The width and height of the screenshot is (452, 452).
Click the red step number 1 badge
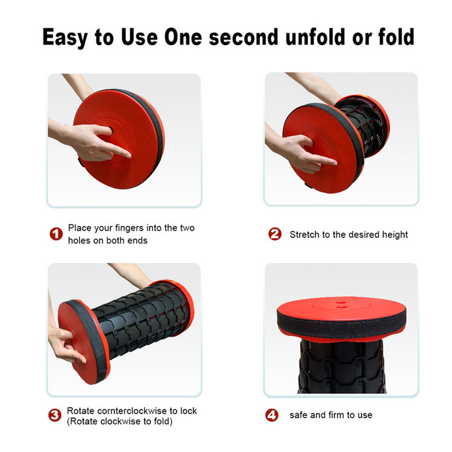pyautogui.click(x=56, y=234)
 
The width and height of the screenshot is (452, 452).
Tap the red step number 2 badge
pyautogui.click(x=275, y=234)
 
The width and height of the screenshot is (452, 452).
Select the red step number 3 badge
pyautogui.click(x=55, y=415)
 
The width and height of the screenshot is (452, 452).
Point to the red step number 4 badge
pyautogui.click(x=272, y=415)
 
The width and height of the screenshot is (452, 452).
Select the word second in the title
pyautogui.click(x=243, y=37)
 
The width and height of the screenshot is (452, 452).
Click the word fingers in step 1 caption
pyautogui.click(x=130, y=228)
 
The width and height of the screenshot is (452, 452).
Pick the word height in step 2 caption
pyautogui.click(x=395, y=235)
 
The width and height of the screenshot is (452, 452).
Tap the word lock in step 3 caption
pyautogui.click(x=189, y=411)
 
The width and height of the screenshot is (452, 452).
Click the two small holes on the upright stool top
pyautogui.click(x=342, y=305)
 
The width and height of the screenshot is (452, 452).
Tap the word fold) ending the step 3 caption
pyautogui.click(x=163, y=421)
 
